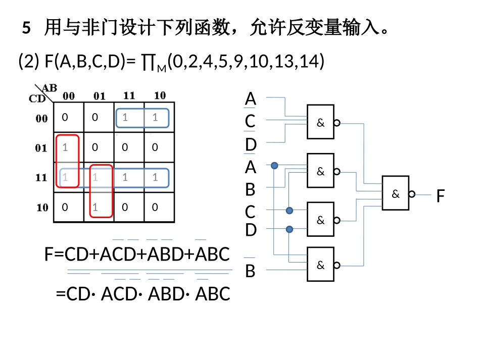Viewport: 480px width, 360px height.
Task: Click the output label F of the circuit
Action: (441, 196)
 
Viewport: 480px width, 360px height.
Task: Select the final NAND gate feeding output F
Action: (396, 193)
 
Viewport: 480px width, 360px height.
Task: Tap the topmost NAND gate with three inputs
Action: (320, 122)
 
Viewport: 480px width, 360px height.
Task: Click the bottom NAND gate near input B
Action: (320, 264)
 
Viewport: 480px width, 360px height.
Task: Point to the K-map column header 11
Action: (129, 95)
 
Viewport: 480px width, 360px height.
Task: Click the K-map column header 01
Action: (99, 95)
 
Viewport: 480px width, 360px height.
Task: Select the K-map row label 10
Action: (42, 207)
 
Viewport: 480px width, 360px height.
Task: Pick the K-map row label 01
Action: (42, 148)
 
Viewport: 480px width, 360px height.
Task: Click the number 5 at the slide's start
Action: (27, 28)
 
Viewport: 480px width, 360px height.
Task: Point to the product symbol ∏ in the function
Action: (148, 62)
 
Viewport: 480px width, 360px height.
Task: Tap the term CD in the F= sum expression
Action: (76, 254)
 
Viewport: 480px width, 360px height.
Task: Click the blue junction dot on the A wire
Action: (274, 166)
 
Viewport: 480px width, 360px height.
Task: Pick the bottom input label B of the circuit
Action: (250, 271)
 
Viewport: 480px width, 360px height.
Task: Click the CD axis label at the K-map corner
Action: (37, 98)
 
